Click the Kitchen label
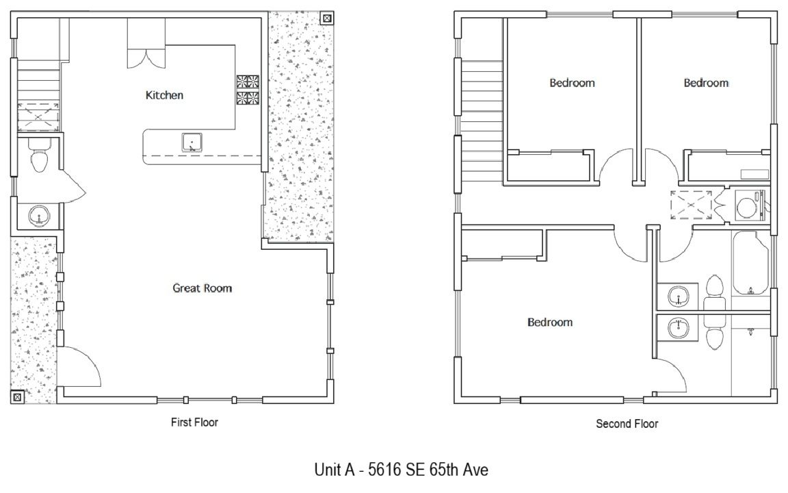click(x=164, y=95)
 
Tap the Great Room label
click(x=202, y=288)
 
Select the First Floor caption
click(x=194, y=422)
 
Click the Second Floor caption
click(x=627, y=424)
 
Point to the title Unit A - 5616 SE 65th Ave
click(x=401, y=469)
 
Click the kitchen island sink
click(x=192, y=142)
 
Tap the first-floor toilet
click(x=39, y=156)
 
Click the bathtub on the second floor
click(x=751, y=263)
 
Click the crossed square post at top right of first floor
click(x=327, y=18)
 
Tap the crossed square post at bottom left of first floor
click(x=16, y=397)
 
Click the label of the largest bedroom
click(x=550, y=323)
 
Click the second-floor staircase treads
click(x=482, y=121)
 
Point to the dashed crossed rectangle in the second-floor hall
click(x=691, y=205)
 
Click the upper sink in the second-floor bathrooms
click(x=678, y=296)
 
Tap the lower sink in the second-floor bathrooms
click(x=678, y=329)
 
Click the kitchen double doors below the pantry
click(x=146, y=58)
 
